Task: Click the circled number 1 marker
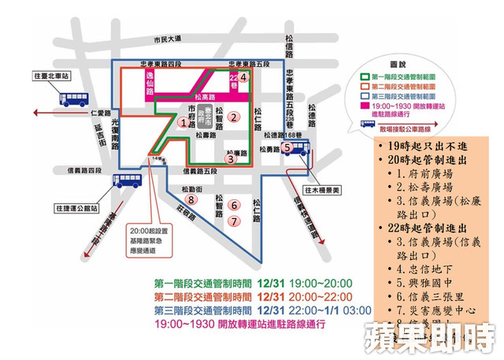tap(183, 123)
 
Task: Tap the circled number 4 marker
tap(244, 77)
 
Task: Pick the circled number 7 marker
tap(233, 221)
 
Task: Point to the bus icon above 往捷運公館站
tap(128, 181)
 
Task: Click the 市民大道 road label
tap(167, 39)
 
